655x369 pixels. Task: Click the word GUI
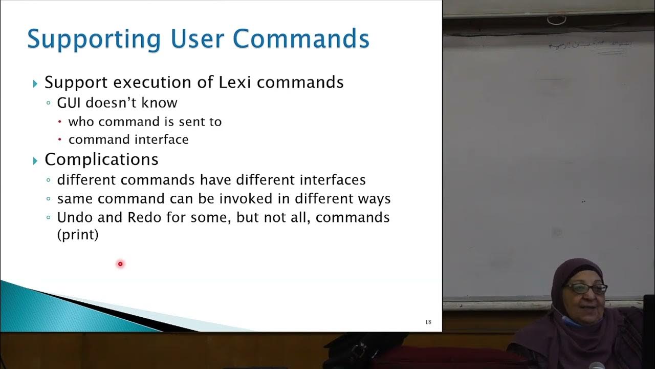[69, 102]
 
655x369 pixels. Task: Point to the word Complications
[101, 159]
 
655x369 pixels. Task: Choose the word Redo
[144, 217]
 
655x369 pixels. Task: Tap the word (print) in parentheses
[78, 235]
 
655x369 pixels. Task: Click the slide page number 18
[428, 322]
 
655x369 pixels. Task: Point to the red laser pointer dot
[120, 264]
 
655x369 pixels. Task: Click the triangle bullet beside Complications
[35, 160]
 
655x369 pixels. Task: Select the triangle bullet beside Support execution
[35, 83]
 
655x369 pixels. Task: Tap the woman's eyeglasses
[585, 289]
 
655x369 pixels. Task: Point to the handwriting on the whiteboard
[588, 46]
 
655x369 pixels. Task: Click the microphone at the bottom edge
[596, 365]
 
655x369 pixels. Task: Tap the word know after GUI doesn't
[162, 102]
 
